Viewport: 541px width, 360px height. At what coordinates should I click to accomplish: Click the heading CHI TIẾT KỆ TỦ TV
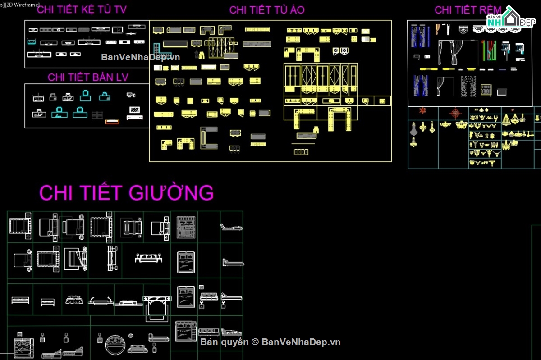pos(82,9)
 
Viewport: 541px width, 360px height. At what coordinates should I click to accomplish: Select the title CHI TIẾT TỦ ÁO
pos(267,10)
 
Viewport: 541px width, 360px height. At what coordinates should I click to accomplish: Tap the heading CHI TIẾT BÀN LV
pos(88,77)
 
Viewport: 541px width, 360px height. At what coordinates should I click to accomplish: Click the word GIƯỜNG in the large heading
pos(171,192)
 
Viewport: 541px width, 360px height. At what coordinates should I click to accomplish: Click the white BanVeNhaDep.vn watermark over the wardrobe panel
pos(140,57)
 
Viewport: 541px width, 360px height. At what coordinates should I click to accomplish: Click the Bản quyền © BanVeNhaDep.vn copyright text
pos(270,342)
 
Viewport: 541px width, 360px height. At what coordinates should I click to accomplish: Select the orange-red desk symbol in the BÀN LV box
pos(112,122)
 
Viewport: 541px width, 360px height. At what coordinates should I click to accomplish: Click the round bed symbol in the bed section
pos(115,345)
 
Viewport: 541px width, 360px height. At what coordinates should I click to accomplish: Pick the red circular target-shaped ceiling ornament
pos(455,113)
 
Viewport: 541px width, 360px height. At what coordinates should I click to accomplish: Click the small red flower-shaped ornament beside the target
pos(423,110)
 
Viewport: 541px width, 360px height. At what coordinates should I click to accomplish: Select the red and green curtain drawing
pos(489,50)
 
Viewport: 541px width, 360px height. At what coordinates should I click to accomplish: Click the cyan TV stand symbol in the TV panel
pos(32,42)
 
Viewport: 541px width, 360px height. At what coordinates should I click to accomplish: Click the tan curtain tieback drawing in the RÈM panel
pos(438,29)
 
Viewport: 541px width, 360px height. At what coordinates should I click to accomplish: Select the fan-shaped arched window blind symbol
pos(463,29)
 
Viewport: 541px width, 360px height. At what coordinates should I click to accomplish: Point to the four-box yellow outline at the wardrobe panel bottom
pos(301,152)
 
